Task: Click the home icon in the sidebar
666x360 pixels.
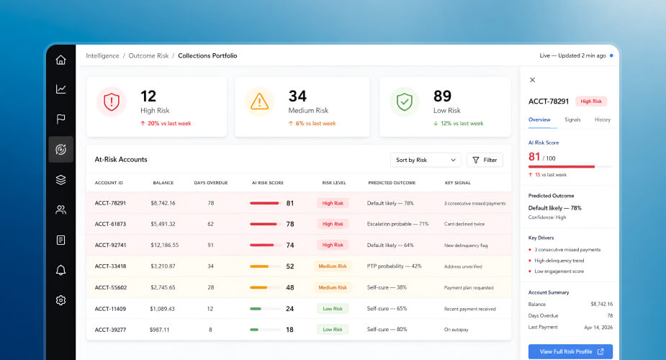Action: point(60,60)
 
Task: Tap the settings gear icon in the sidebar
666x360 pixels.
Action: point(60,300)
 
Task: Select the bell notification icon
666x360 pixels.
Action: point(60,270)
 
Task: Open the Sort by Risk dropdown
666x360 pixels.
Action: point(426,160)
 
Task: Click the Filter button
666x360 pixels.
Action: point(485,160)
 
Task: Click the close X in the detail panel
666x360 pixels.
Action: point(532,80)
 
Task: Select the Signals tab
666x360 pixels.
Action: point(572,120)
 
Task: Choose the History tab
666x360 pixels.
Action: point(603,120)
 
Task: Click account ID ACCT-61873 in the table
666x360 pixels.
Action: point(110,224)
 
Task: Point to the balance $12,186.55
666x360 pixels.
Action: point(164,245)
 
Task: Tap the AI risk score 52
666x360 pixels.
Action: point(290,266)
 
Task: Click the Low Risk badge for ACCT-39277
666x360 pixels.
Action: point(333,330)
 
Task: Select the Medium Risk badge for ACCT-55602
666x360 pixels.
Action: point(333,287)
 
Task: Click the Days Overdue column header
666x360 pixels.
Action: point(211,183)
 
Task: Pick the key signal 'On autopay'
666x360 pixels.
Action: point(456,330)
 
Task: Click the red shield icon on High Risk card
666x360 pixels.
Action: point(112,102)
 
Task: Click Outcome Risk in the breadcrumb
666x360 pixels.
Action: point(148,55)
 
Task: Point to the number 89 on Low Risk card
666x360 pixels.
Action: point(442,96)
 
